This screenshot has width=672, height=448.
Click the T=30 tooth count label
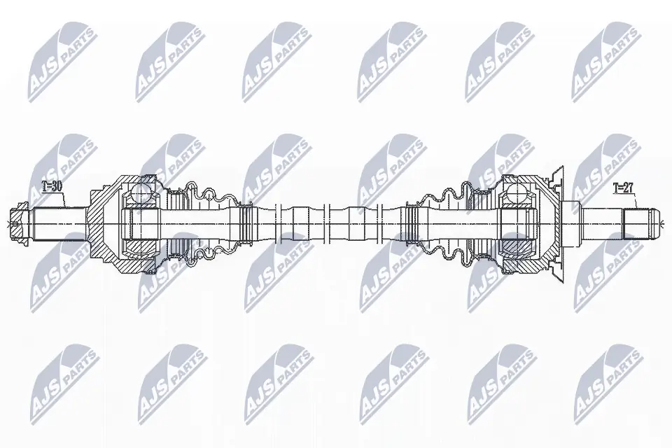click(52, 187)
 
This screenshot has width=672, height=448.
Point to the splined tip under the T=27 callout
click(640, 224)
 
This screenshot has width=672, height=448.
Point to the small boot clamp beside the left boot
click(244, 224)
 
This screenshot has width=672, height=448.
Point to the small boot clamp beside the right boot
click(414, 224)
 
